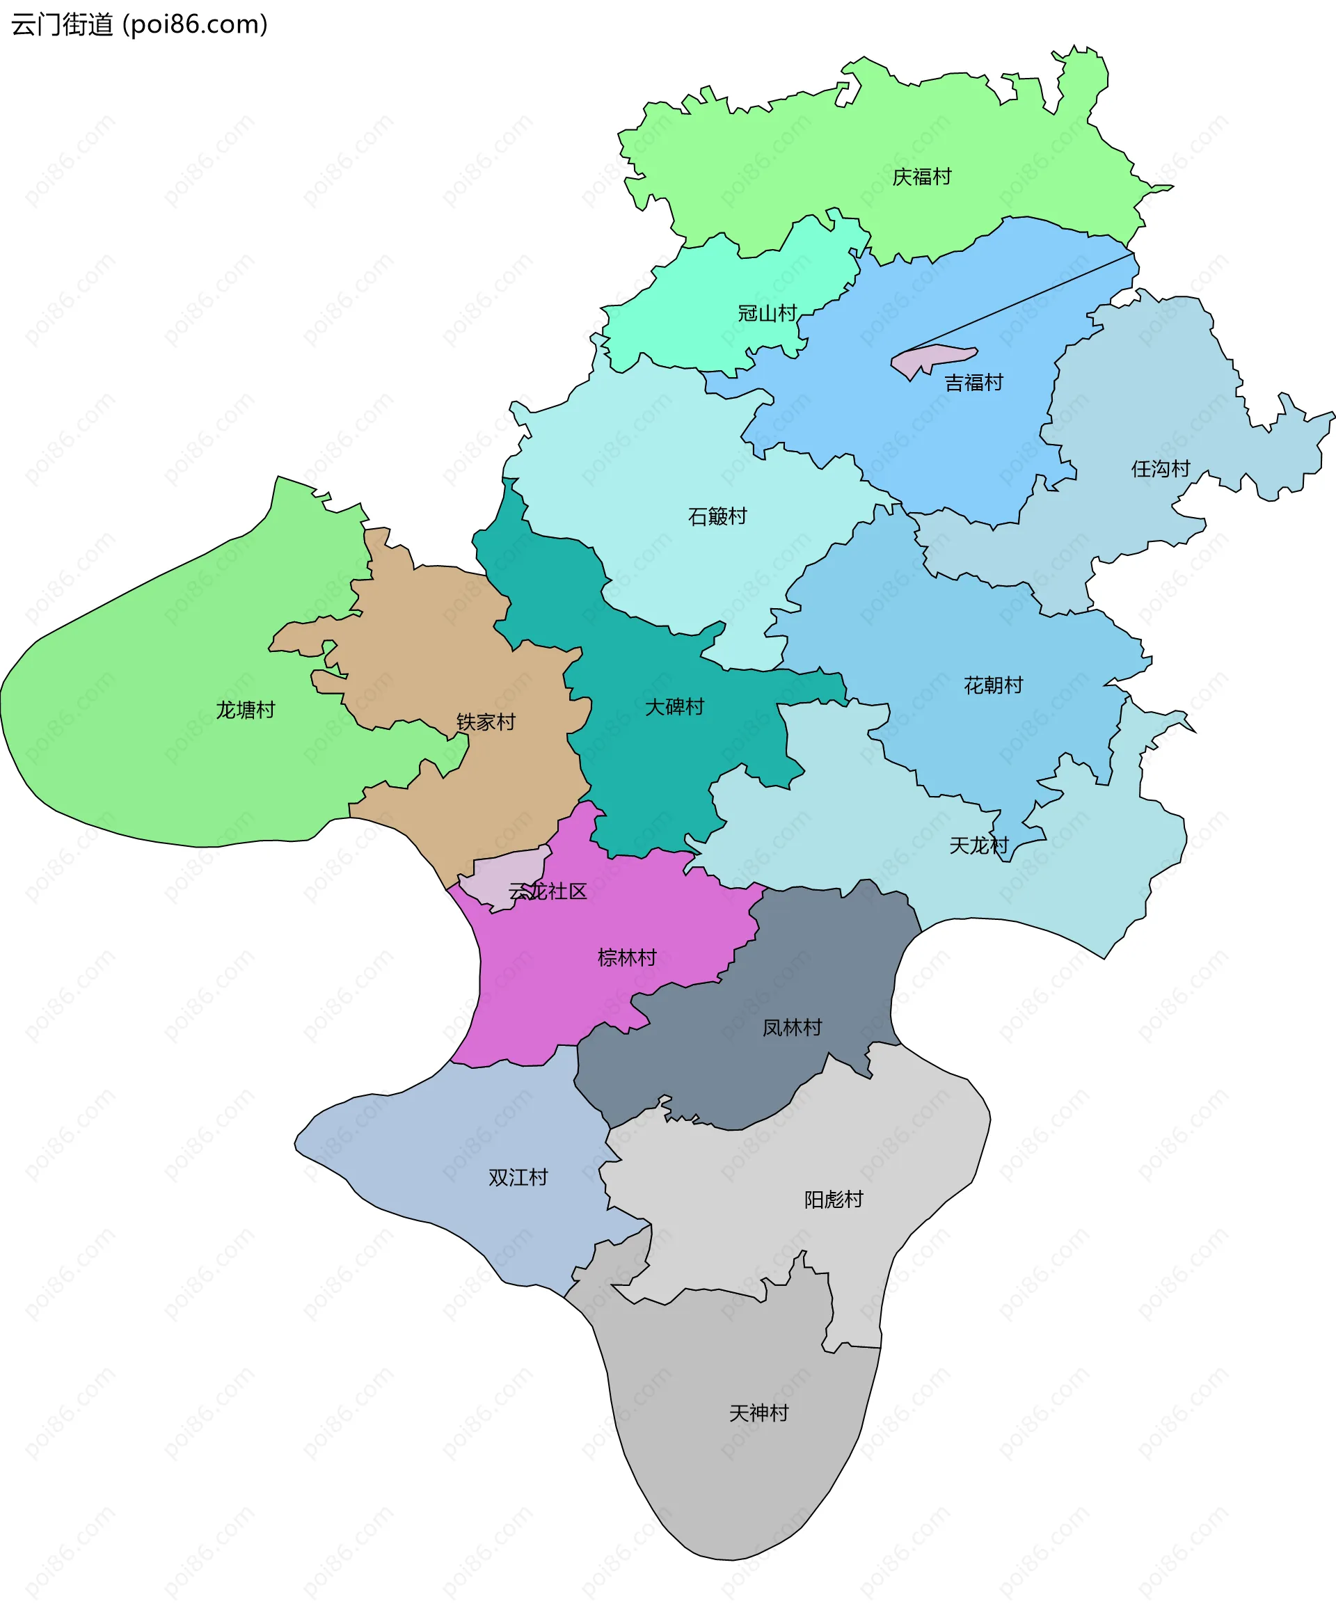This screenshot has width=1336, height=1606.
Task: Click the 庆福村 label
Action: point(921,177)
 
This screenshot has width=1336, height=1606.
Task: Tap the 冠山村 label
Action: point(767,314)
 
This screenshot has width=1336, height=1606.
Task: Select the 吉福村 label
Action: point(973,383)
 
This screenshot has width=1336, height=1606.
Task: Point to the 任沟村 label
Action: point(1161,469)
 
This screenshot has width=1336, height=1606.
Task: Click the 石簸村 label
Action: point(717,517)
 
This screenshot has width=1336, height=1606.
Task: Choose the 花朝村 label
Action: point(994,685)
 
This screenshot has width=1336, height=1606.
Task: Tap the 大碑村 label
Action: point(674,707)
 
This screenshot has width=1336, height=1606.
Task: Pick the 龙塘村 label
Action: point(246,710)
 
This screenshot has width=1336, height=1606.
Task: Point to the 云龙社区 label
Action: point(548,891)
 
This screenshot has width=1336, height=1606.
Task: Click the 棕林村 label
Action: point(627,957)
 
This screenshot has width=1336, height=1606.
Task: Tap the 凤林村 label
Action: point(793,1028)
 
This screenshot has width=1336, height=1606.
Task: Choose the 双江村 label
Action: point(518,1177)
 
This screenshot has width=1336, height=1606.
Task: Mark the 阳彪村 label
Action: point(834,1199)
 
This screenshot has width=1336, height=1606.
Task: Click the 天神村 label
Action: point(758,1413)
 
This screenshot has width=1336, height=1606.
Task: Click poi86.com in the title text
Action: point(196,24)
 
